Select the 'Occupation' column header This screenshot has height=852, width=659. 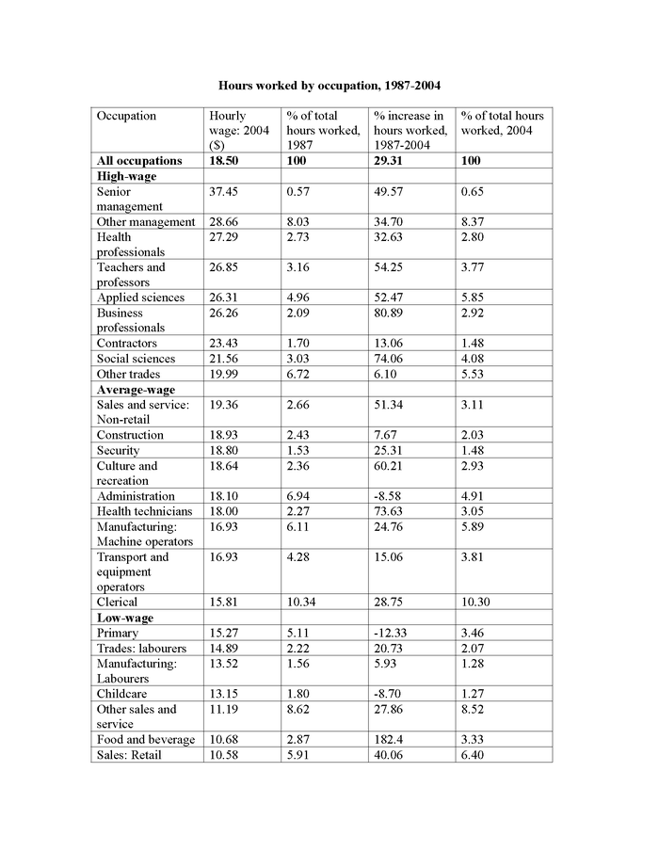[126, 116]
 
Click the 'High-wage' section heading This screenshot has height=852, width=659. [126, 176]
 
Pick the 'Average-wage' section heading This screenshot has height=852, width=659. [136, 389]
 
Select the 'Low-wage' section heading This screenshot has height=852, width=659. [125, 618]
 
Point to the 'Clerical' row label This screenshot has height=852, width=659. [117, 602]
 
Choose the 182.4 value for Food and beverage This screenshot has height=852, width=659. [390, 739]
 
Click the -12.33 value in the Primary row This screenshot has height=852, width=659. [393, 633]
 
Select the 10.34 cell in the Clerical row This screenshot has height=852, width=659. [302, 602]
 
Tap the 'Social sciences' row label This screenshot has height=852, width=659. [136, 359]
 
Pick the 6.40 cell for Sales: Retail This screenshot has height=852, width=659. [474, 754]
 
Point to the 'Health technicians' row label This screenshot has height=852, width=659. [143, 511]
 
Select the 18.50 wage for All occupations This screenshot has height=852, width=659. [225, 161]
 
